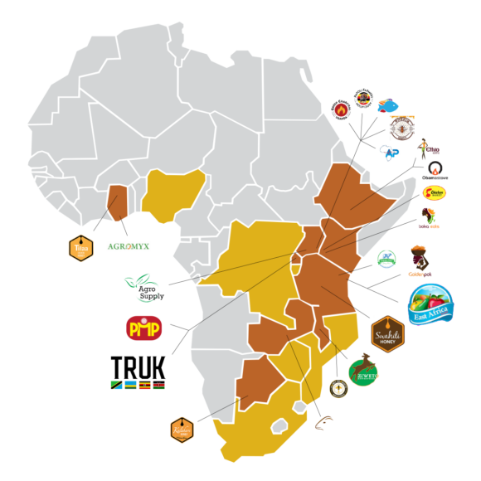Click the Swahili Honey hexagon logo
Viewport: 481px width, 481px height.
click(x=387, y=334)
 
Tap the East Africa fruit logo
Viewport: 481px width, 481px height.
click(x=430, y=304)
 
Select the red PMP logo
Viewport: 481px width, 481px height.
click(x=143, y=328)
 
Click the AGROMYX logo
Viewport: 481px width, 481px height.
click(x=129, y=247)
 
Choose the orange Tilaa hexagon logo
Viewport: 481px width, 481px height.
click(x=80, y=248)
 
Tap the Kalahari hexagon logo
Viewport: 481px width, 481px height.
click(x=182, y=430)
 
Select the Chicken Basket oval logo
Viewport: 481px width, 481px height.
click(x=434, y=193)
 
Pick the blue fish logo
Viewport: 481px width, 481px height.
click(x=388, y=105)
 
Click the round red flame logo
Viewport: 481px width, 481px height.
click(x=341, y=109)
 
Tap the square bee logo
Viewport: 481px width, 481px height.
click(x=402, y=127)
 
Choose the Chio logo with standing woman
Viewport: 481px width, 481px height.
click(x=428, y=149)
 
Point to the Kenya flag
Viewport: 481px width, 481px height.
click(x=158, y=385)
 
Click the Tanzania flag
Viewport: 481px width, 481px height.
click(x=116, y=385)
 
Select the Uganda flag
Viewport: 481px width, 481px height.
click(x=143, y=385)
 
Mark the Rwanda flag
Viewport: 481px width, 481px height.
click(x=130, y=385)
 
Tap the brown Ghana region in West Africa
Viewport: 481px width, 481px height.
click(x=119, y=202)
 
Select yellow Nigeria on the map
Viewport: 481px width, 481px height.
click(x=172, y=194)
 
